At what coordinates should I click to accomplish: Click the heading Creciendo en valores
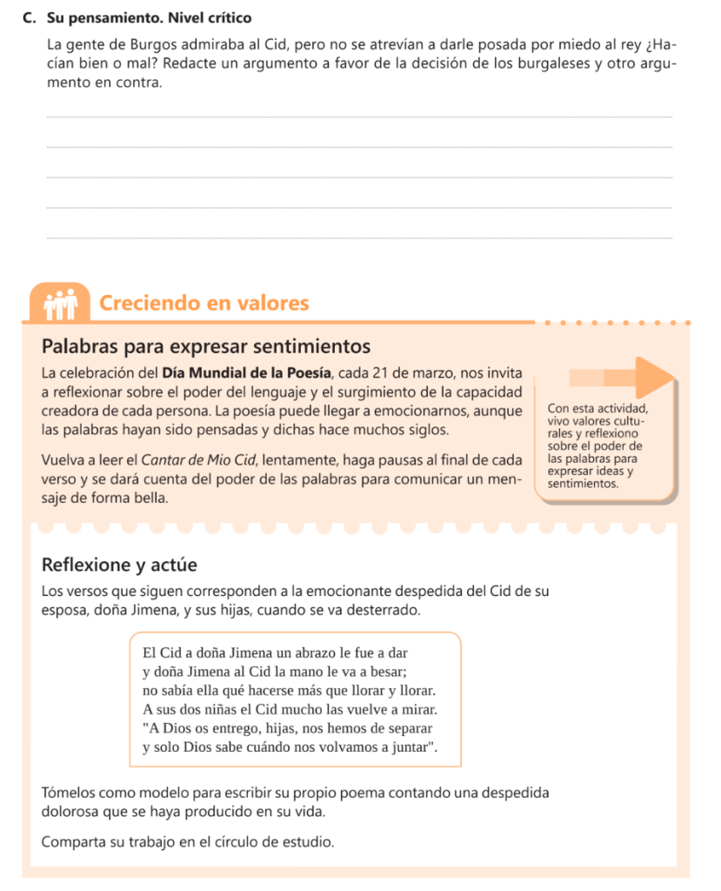(x=204, y=303)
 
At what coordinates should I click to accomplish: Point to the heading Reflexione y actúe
(x=119, y=565)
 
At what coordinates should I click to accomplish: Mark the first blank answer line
(x=358, y=117)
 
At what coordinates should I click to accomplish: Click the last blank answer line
(x=358, y=238)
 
